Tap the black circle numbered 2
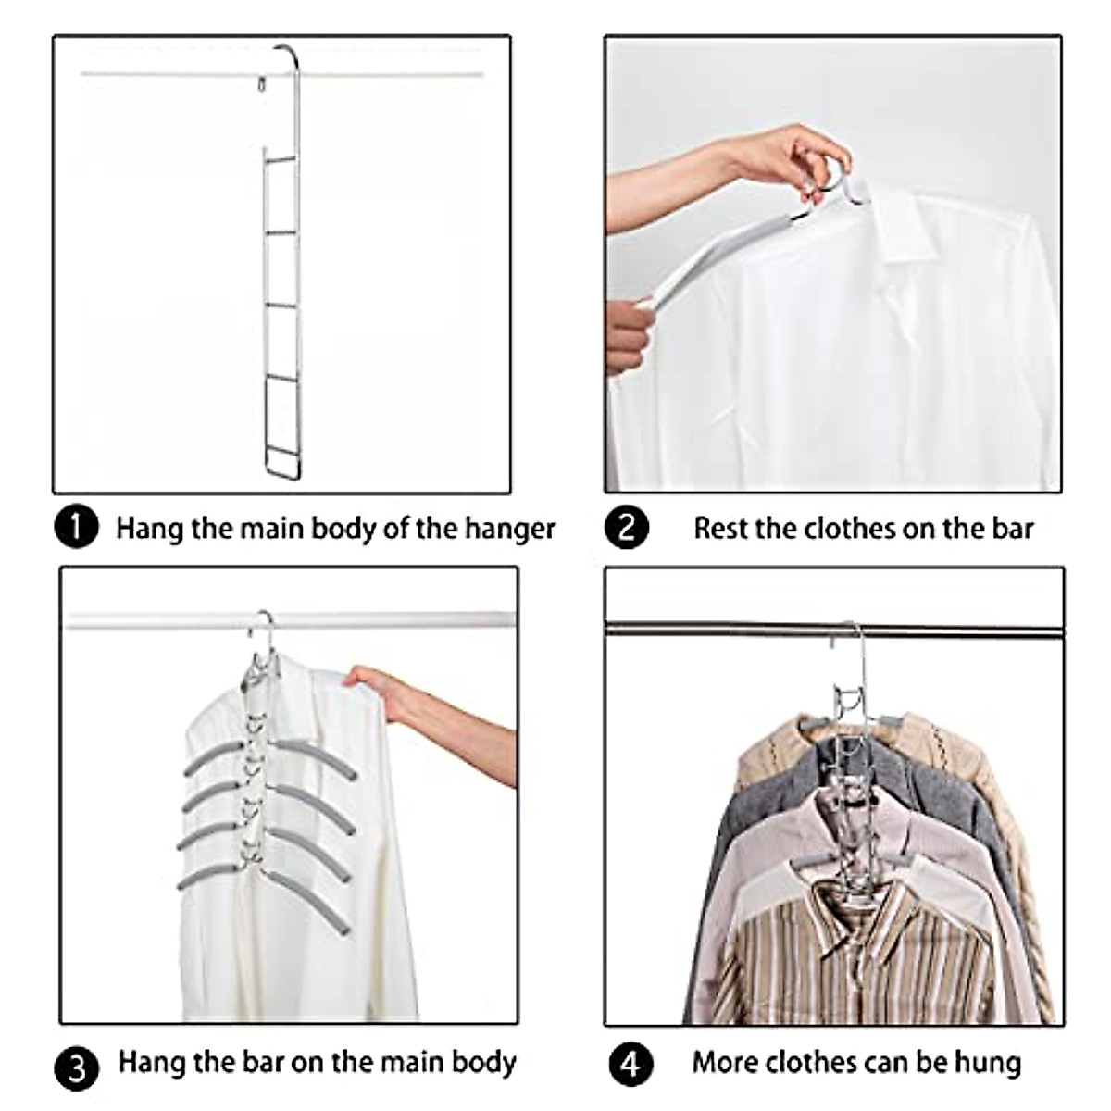coord(627,529)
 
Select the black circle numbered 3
coord(77,1069)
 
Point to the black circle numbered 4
coord(630,1064)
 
